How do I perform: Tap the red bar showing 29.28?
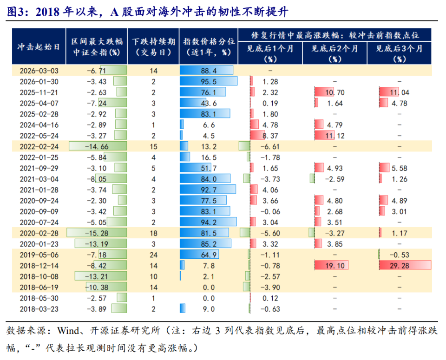pos(405,265)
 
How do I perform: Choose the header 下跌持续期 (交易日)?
pos(153,46)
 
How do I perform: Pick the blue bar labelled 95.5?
pos(209,81)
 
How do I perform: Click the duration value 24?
pos(153,255)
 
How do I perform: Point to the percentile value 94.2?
pos(209,222)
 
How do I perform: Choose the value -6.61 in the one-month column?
pos(270,146)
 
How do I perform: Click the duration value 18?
pos(153,233)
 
